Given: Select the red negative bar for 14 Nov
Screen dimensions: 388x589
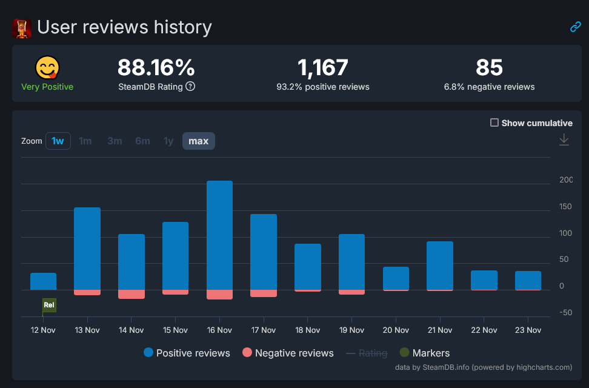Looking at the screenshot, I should [x=131, y=294].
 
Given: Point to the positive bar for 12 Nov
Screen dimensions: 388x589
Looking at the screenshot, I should [x=43, y=281].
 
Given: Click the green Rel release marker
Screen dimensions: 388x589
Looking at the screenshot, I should [x=49, y=305].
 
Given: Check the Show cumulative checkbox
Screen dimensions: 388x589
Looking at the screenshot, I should [x=494, y=122].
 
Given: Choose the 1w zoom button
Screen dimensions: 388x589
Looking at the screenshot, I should [x=58, y=141].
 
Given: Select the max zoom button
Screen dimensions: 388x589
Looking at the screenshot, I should [x=198, y=141].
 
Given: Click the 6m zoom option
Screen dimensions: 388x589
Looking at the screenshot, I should [x=142, y=141].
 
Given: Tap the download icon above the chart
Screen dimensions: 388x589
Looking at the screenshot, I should [x=564, y=140].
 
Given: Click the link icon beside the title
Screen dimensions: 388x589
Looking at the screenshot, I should [x=575, y=27].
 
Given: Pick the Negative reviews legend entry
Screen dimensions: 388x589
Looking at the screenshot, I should [x=287, y=353].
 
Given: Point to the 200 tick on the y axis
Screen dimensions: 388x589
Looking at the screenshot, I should [x=565, y=179].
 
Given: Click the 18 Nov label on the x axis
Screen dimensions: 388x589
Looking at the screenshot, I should [x=308, y=330].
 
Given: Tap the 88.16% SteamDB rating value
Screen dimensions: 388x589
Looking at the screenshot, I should [x=156, y=67].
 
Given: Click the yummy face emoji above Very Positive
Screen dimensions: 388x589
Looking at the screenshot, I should [x=47, y=67].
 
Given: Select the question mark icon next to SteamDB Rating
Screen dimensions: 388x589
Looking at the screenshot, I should [x=190, y=87].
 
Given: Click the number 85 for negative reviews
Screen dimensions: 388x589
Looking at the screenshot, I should [x=489, y=67].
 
